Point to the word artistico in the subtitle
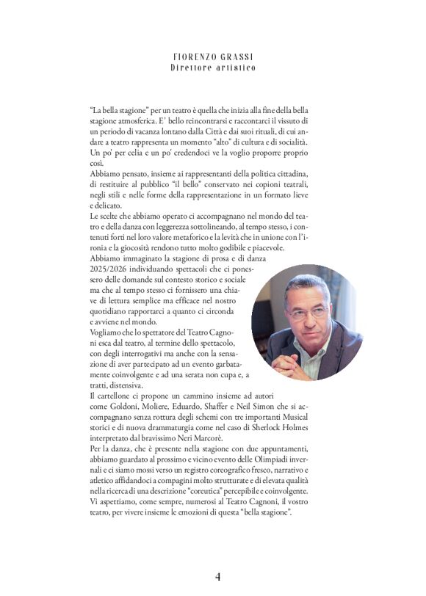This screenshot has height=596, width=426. pyautogui.click(x=234, y=68)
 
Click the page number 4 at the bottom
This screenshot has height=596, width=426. pyautogui.click(x=217, y=576)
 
